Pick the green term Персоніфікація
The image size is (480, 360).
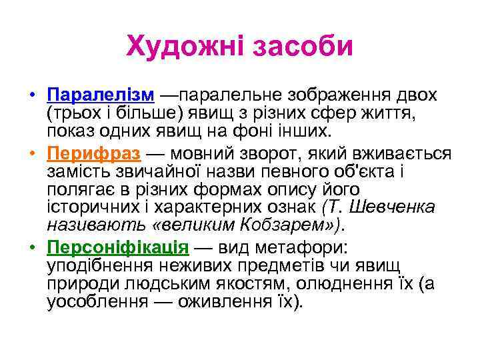click(x=119, y=248)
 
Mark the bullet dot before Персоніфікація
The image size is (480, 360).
click(x=32, y=248)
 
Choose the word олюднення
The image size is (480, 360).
click(x=353, y=284)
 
